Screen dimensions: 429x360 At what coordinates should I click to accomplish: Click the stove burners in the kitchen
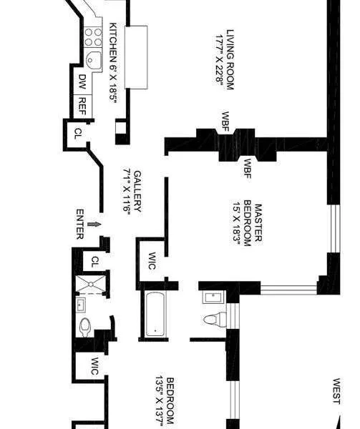point(94,36)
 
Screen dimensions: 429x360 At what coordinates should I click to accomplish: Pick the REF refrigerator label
point(82,104)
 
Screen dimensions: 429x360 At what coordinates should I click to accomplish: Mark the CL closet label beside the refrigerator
point(77,134)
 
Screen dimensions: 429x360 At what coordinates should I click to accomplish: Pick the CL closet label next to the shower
point(94,262)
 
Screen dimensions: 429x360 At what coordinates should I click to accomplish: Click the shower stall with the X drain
point(92,284)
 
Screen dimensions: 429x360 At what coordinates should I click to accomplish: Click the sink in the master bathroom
point(212,297)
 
